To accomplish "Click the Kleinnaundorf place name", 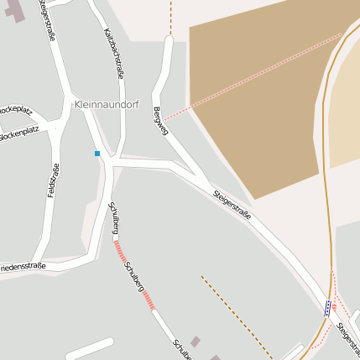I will pos(107,105).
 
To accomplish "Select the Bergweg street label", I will pos(161,121).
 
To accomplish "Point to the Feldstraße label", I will pos(53,180).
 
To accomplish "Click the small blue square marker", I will pos(97,154).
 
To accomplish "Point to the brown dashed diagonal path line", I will pos(235,314).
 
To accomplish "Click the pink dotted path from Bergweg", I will pos(252,77).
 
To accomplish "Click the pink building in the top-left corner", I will pos(8,10).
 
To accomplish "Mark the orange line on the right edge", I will pos(324,168).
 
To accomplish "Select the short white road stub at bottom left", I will pos(88,348).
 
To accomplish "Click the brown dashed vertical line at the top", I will pos(170,17).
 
